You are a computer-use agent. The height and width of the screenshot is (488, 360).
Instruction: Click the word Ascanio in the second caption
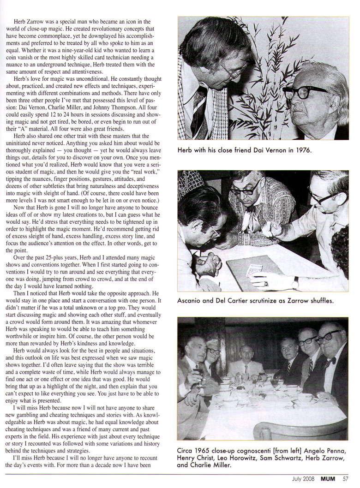pos(192,301)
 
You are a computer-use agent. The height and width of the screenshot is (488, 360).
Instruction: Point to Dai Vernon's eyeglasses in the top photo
pos(305,92)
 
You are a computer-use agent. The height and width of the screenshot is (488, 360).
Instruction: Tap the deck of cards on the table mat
pos(255,269)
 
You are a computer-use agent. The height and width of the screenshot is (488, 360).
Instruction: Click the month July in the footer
pos(299,478)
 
